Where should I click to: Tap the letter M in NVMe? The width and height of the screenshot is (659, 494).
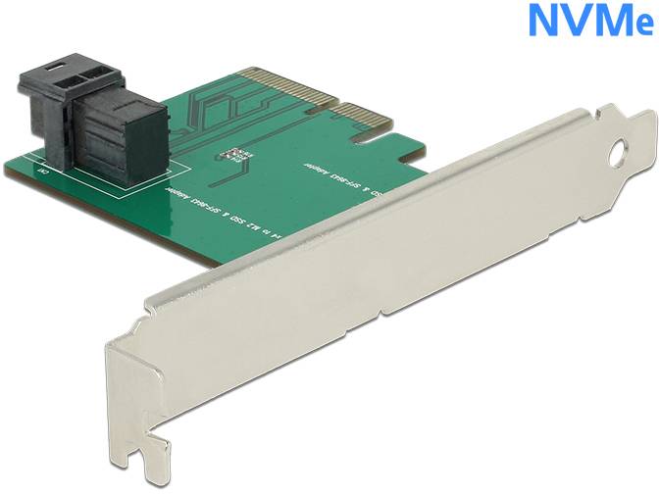[609, 21]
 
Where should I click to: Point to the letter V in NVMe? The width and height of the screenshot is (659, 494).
[576, 21]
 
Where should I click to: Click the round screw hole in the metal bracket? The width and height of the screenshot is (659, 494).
[620, 155]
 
